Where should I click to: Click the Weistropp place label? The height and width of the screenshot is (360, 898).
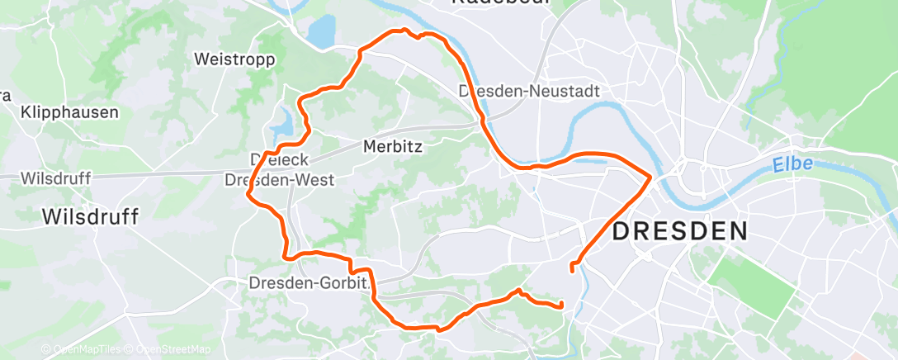(228, 59)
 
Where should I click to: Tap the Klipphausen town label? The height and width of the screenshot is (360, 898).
(70, 112)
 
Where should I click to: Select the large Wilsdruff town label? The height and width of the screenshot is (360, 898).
(90, 217)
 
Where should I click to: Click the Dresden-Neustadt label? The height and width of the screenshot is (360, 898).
(529, 91)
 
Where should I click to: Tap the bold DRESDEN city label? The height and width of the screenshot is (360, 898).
(679, 230)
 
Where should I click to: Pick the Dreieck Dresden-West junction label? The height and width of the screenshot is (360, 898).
(280, 169)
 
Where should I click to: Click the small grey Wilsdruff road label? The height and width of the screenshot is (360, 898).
(55, 178)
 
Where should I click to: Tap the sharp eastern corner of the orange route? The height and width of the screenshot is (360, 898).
(650, 176)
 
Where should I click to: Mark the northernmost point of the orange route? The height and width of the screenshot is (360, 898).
(404, 30)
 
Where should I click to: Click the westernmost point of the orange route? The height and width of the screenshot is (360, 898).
(248, 194)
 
